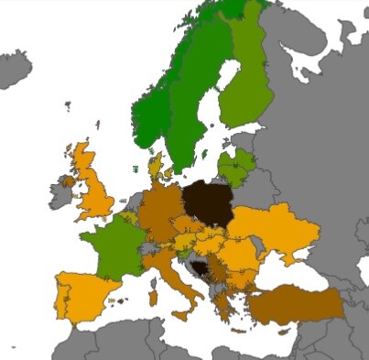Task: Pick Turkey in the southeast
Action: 294,302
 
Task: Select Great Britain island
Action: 92,188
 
